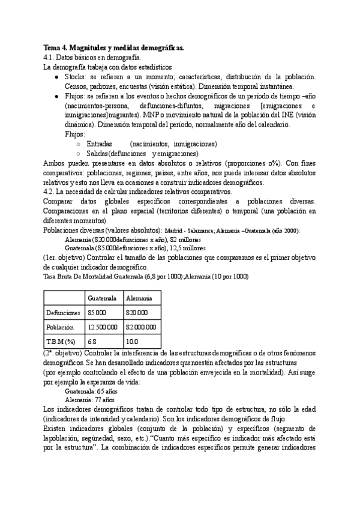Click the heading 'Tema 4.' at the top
click(56, 47)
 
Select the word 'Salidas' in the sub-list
click(98, 154)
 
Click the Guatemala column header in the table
click(101, 298)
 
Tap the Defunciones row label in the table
click(62, 313)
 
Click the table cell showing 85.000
click(97, 313)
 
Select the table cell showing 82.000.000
click(142, 327)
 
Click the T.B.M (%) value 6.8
click(92, 342)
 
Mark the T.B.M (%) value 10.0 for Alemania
click(133, 342)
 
